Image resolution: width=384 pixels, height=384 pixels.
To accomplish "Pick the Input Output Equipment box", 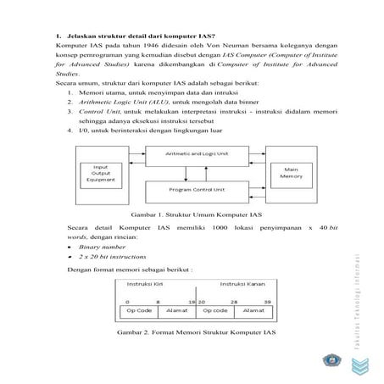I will (x=103, y=173).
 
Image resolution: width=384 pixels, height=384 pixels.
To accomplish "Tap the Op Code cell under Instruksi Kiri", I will (x=137, y=311).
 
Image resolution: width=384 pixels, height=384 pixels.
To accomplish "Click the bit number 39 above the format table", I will (x=268, y=301).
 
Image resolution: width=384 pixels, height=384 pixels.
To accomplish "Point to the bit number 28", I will (x=233, y=301).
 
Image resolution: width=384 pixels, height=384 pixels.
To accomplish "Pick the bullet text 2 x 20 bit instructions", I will (x=106, y=257).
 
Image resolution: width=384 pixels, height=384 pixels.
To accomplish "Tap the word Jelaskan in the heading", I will (x=79, y=36).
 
